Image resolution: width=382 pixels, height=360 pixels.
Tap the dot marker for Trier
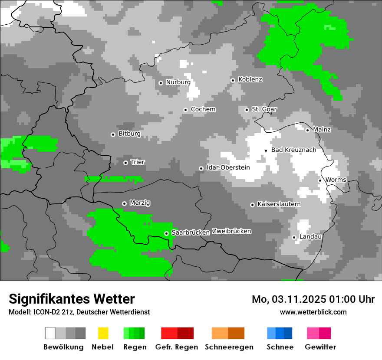click(125, 163)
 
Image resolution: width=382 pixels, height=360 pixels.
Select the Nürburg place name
click(178, 82)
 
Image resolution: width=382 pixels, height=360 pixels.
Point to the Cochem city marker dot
click(185, 110)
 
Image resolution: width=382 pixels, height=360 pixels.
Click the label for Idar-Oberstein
click(228, 167)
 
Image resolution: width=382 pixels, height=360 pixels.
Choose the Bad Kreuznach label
click(293, 150)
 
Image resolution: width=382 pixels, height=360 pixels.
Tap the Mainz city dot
click(307, 130)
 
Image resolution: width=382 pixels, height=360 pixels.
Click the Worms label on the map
click(336, 180)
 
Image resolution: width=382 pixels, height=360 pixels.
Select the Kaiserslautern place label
click(279, 204)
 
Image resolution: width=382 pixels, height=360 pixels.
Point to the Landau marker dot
click(294, 237)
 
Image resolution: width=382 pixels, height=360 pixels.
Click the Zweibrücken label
click(231, 231)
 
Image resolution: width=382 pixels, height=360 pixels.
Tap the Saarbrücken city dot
click(166, 233)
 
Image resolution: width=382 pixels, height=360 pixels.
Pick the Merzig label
click(140, 203)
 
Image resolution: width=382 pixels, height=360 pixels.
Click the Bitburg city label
click(129, 134)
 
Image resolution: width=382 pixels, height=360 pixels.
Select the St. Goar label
click(264, 109)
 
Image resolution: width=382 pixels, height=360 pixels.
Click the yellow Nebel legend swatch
click(103, 333)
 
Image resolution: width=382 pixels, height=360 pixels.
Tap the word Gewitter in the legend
click(320, 347)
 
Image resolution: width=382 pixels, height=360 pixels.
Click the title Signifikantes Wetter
click(72, 299)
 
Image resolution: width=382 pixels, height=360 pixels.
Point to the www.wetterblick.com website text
click(313, 312)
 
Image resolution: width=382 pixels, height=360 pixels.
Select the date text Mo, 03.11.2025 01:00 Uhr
click(313, 299)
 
